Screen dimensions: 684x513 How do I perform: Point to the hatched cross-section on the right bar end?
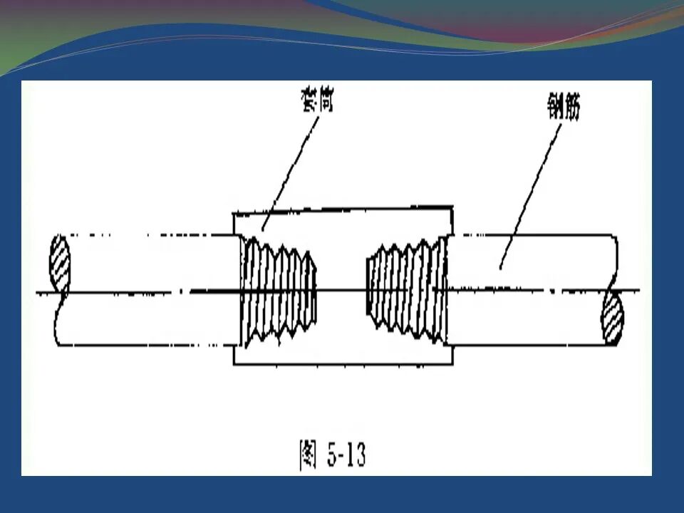click(612, 321)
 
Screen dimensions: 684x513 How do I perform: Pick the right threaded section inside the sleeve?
click(405, 289)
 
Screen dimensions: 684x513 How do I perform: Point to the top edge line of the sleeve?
click(342, 209)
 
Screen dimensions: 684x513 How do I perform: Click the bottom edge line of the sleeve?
click(342, 365)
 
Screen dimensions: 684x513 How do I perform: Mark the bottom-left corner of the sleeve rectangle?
click(234, 365)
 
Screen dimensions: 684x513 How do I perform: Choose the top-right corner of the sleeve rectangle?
click(452, 207)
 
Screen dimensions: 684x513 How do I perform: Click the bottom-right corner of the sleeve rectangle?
click(452, 365)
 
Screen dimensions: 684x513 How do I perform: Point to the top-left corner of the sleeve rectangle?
click(234, 211)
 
